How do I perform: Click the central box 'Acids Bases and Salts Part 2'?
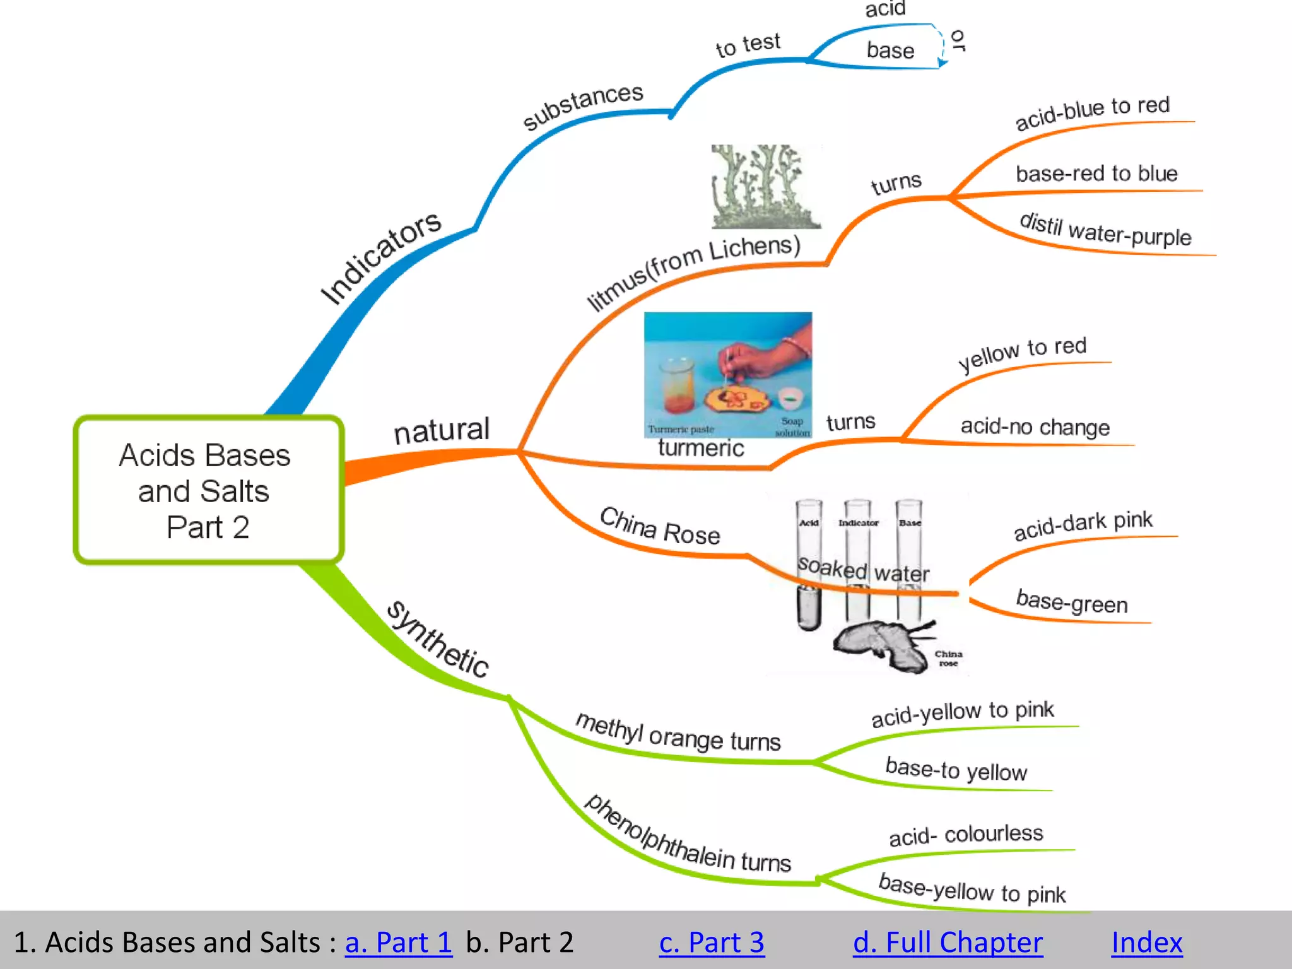pos(208,490)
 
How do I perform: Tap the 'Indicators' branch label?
pos(381,257)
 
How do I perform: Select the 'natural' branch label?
pos(441,431)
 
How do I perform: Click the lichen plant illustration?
pos(765,186)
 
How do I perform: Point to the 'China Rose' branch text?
pos(660,526)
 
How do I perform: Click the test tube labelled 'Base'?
pos(908,555)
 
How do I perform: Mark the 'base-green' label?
pos(1071,602)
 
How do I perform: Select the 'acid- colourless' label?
pos(966,835)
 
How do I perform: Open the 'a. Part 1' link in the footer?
pos(398,943)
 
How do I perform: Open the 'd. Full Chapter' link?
pos(948,943)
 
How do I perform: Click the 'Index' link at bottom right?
pos(1146,943)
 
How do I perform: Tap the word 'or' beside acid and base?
pos(958,40)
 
